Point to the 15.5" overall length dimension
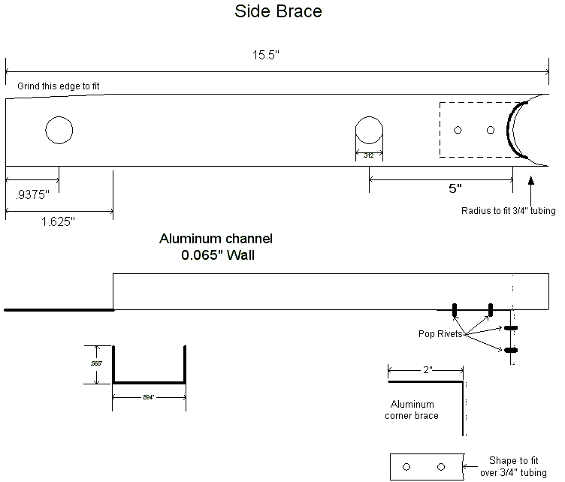[267, 56]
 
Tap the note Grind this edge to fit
[59, 86]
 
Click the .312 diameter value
[369, 155]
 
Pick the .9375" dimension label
[32, 194]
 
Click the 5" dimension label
[455, 188]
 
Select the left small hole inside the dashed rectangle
[458, 131]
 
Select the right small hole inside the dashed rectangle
[491, 131]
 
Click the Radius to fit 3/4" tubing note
[508, 211]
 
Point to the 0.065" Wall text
[216, 255]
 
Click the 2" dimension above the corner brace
[427, 370]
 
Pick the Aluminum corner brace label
[412, 410]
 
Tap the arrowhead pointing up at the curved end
[531, 180]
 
